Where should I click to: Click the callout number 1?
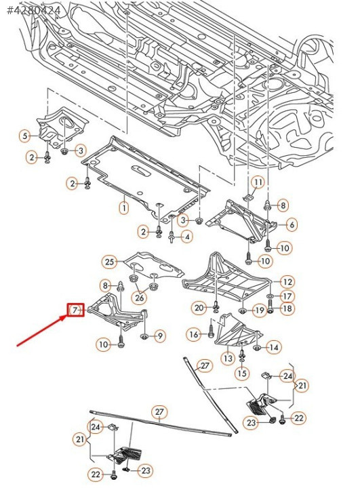point(124,207)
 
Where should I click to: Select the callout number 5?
point(24,136)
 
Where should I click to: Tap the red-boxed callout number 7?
point(76,310)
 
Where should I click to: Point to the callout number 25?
point(109,262)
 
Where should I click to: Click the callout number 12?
point(287,282)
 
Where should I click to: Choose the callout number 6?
point(292,225)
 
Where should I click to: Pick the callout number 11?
point(258,182)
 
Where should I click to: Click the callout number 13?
point(228,359)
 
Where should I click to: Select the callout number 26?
point(140,298)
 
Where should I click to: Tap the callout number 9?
point(160,335)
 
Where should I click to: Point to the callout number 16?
point(194,335)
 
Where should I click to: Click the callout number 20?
point(199,308)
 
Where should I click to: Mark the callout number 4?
point(187,237)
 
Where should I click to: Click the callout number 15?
point(242,373)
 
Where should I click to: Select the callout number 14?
point(273,347)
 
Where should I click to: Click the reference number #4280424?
point(33,10)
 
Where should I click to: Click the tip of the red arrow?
point(67,316)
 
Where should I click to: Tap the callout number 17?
point(287,296)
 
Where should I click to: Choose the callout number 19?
point(260,310)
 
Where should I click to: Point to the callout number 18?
point(287,308)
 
